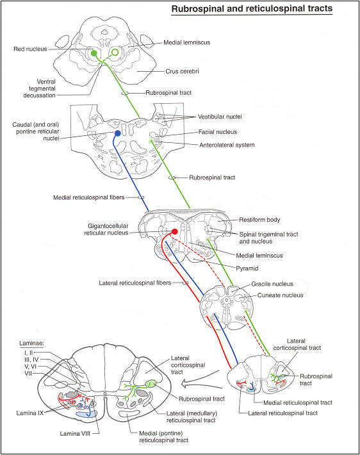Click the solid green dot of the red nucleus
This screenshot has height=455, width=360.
click(x=94, y=53)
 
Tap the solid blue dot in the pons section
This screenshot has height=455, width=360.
click(x=117, y=133)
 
